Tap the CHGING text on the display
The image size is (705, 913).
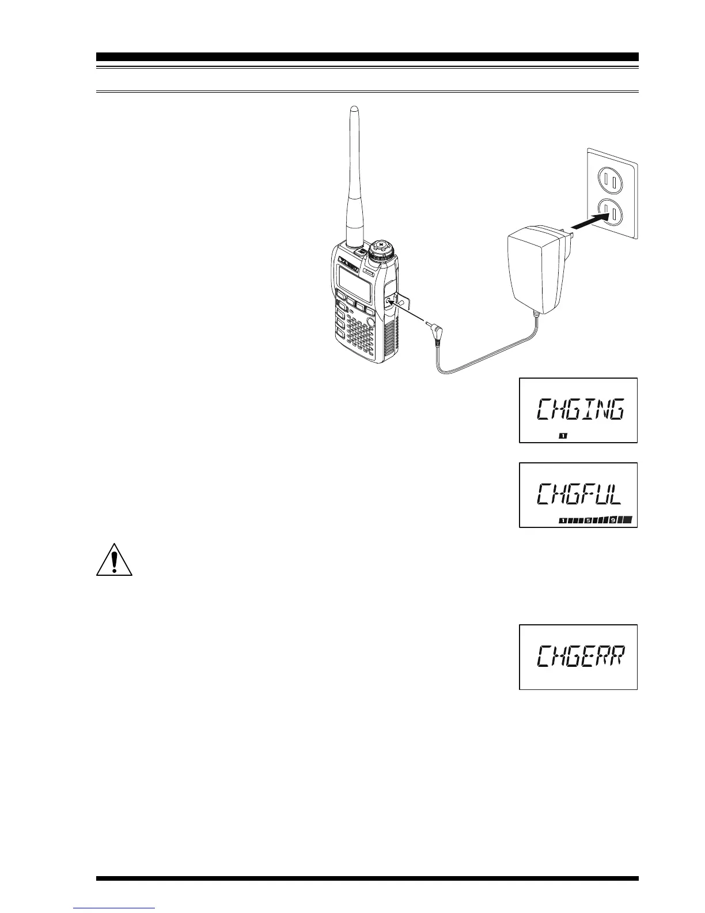click(579, 410)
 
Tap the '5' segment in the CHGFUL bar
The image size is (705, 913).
click(588, 520)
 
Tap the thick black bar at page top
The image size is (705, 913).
click(367, 57)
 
